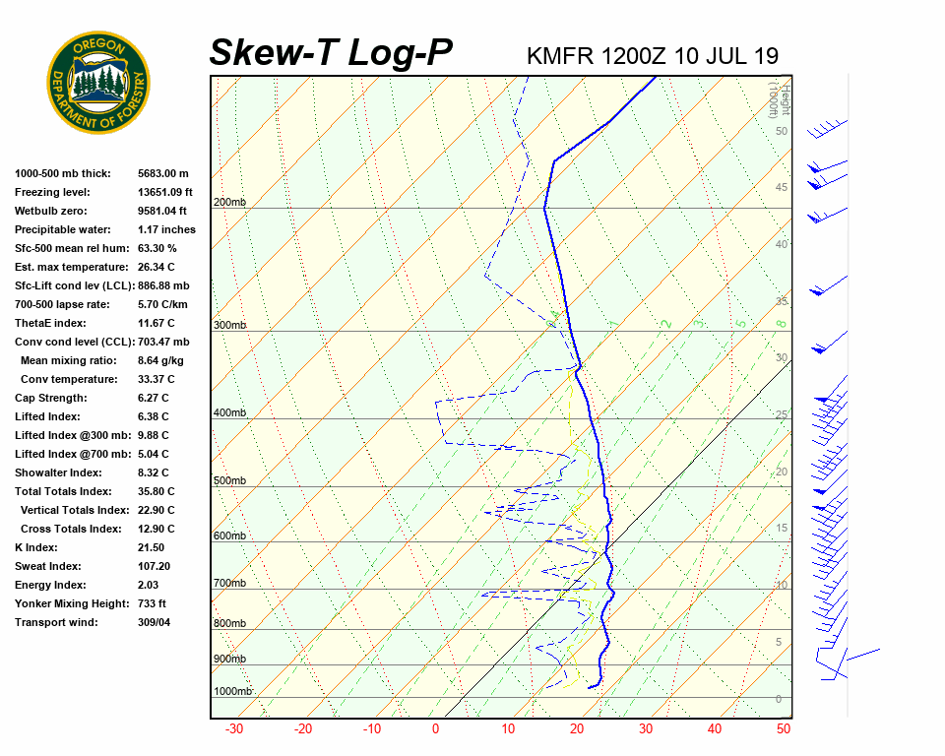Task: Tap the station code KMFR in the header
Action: (560, 55)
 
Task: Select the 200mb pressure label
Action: (229, 203)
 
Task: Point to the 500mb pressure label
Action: (229, 480)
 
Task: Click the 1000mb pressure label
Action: (233, 691)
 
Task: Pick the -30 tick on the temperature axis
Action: (234, 729)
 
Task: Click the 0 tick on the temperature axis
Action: (435, 729)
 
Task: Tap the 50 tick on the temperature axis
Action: (784, 729)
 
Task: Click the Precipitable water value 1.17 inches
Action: (166, 229)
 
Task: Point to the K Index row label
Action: (36, 547)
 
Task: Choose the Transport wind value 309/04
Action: (155, 622)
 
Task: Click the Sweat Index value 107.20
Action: (155, 566)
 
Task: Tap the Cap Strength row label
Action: (51, 398)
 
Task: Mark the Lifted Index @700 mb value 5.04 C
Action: (153, 454)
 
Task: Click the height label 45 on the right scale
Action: (782, 188)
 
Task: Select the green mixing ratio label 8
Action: (780, 323)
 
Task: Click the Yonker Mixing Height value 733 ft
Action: (152, 603)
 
